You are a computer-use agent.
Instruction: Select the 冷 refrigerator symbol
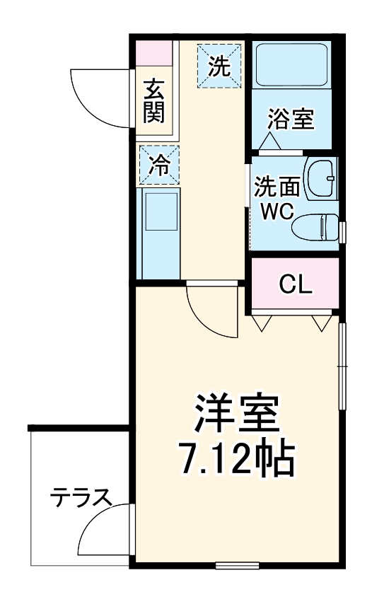click(159, 165)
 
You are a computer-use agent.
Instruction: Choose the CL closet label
click(295, 284)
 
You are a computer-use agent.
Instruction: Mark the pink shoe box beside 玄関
click(155, 54)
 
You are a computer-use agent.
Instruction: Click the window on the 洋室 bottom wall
click(236, 564)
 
